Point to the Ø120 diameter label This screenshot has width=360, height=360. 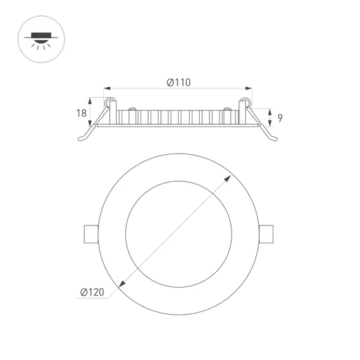[92, 292]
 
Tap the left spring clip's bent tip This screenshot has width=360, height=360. [82, 140]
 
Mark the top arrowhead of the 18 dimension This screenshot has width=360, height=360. [92, 99]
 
